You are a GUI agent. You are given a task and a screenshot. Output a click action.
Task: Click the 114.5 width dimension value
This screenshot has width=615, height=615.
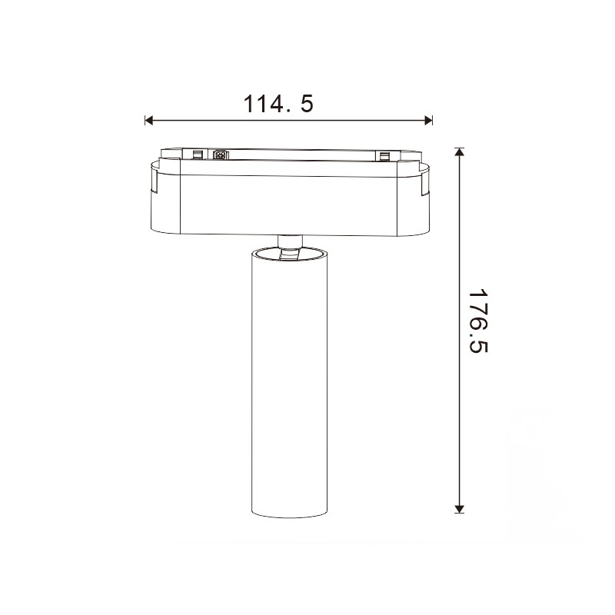coord(278,104)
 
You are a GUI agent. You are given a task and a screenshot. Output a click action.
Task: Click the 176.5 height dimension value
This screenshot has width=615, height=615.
coord(477,321)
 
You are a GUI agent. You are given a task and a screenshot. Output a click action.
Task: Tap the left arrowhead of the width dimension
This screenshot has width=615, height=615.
coord(148,121)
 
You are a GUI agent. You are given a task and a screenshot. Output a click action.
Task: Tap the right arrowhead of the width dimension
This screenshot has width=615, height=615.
coord(428,121)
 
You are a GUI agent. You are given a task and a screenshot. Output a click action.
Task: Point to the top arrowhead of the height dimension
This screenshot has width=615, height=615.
coord(459,151)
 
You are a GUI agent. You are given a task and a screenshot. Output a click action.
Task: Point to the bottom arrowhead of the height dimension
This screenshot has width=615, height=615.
coord(459,509)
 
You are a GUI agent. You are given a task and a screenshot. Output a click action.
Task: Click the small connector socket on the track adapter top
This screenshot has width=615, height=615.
coord(221,155)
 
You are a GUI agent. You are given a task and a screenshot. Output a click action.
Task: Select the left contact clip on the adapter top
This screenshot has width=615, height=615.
coord(198,155)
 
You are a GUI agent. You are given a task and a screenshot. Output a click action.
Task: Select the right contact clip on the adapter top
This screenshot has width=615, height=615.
coord(384,156)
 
